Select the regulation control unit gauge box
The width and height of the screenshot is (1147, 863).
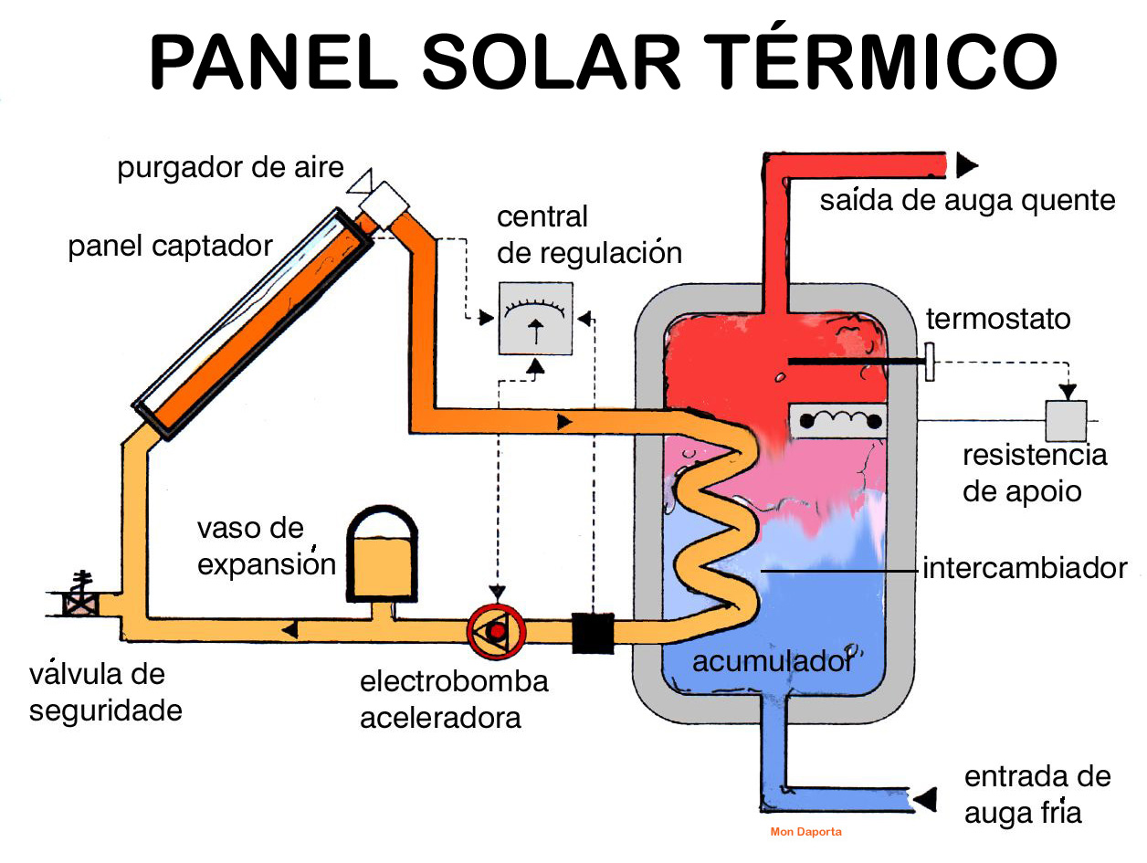(x=535, y=317)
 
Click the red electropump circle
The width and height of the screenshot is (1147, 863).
(x=492, y=630)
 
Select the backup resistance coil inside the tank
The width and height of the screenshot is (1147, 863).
(x=841, y=421)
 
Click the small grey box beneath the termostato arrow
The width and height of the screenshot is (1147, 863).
(x=1066, y=420)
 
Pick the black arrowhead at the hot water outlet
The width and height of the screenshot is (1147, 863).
(x=966, y=165)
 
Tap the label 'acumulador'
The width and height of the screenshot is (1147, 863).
(x=772, y=661)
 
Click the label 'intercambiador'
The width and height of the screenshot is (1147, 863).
(x=1025, y=568)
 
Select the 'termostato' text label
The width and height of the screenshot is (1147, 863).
(x=997, y=320)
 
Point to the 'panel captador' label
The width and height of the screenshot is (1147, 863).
(x=171, y=247)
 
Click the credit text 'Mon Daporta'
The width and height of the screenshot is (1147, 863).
(x=806, y=832)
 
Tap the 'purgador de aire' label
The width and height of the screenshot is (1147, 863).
(x=230, y=169)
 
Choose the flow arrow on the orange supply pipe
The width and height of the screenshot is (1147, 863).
(x=564, y=422)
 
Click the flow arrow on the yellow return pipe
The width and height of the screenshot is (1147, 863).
(x=289, y=629)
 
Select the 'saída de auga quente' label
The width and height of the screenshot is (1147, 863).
(x=967, y=200)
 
